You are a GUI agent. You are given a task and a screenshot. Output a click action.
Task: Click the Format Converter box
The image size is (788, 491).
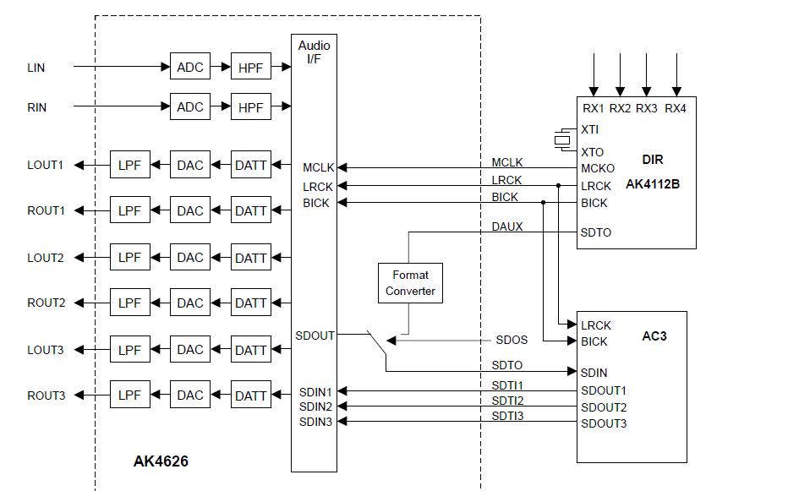point(410,283)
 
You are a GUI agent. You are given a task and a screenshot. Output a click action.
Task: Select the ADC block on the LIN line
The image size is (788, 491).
point(190,66)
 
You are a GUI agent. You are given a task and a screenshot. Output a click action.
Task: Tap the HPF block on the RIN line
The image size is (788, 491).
point(250,107)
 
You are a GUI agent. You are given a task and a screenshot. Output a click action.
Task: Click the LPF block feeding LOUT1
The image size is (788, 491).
point(129,165)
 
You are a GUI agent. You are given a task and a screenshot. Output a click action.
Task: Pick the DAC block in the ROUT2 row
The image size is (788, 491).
point(190,303)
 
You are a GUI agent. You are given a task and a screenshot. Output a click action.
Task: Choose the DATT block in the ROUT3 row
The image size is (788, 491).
point(250,396)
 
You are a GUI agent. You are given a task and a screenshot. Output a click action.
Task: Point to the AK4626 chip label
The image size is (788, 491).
point(161,461)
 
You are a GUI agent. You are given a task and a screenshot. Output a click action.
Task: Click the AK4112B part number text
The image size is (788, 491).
point(652,183)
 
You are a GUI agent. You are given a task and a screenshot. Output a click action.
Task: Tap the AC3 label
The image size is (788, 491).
point(654,336)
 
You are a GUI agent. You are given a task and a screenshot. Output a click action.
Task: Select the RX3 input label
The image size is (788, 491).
point(647,108)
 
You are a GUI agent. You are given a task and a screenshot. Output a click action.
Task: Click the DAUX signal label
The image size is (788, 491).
point(507,227)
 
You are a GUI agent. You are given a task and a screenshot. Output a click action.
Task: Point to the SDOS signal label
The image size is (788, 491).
point(512,341)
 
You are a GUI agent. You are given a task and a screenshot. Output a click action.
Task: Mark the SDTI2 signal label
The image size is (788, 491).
point(507,401)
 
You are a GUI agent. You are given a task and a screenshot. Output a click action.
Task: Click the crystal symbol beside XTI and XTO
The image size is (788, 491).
point(562,139)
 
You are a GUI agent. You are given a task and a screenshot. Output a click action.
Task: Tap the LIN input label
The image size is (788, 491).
point(36,67)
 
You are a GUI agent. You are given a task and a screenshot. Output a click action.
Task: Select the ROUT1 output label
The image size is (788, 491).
point(46,211)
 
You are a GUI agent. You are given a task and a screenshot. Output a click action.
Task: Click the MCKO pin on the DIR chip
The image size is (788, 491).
point(598,168)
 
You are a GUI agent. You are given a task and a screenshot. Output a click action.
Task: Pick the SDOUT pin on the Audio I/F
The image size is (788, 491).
point(315,336)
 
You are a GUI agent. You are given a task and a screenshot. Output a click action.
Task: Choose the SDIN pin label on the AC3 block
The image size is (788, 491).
point(594,372)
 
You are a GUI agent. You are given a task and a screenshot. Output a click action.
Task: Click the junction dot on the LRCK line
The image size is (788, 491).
point(559,186)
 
